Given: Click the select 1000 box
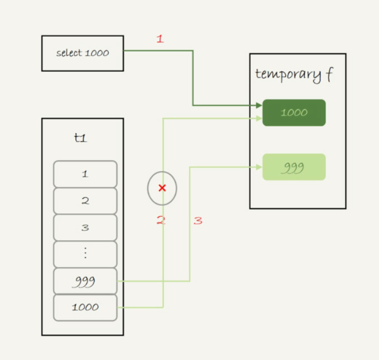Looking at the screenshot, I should [82, 53].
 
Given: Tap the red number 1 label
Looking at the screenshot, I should [160, 39].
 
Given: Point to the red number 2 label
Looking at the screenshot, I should [161, 221].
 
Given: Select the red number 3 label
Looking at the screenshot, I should [198, 221].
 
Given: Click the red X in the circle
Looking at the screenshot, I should [162, 188].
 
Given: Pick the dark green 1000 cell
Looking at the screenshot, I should [294, 113].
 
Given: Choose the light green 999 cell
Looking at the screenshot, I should [294, 167].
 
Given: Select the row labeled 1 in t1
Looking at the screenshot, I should [85, 174].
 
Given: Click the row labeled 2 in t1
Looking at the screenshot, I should [85, 201].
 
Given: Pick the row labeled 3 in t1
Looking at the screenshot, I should [85, 227].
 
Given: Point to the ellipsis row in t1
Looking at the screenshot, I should [85, 254].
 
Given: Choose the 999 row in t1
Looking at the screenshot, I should [85, 281].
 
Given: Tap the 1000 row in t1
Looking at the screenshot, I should [85, 307].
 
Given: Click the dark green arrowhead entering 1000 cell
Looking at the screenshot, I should [259, 105].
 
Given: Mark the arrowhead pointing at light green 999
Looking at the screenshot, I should [259, 167].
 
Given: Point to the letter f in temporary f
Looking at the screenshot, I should [329, 75].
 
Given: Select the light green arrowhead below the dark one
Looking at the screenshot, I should [259, 117].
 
